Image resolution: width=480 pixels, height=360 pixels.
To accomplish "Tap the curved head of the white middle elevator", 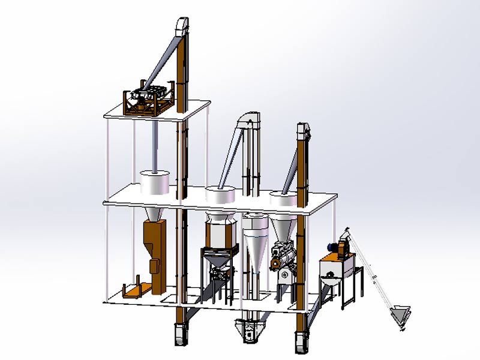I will point(247,120).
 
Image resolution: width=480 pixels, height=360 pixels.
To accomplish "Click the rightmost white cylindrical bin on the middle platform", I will point(282,199).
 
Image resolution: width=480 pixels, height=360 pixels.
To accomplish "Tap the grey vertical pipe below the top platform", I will point(154,144).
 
